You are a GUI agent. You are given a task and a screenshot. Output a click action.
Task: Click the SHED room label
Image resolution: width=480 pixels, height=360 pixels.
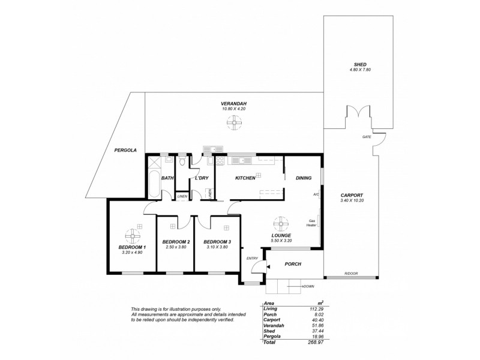[359, 64]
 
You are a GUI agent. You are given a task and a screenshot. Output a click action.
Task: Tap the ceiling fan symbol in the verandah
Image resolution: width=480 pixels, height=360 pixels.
[234, 124]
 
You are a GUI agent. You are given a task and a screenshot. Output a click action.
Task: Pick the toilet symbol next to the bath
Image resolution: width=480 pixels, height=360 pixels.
[182, 161]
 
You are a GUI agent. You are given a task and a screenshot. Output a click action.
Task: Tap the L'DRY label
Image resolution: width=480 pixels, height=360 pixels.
[202, 178]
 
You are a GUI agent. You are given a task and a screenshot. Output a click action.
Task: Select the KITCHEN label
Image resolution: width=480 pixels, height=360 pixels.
[245, 178]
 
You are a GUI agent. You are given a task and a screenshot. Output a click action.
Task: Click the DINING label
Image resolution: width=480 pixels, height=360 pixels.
[304, 178]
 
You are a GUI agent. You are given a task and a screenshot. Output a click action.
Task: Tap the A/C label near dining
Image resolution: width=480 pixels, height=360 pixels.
[316, 195]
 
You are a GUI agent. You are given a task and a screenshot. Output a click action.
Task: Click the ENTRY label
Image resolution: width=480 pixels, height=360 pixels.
[252, 258]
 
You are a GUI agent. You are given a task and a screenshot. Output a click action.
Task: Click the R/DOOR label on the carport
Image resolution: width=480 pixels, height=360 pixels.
[351, 274]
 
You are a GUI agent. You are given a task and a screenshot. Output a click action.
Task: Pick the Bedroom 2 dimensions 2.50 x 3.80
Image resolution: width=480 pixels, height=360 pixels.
[175, 247]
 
